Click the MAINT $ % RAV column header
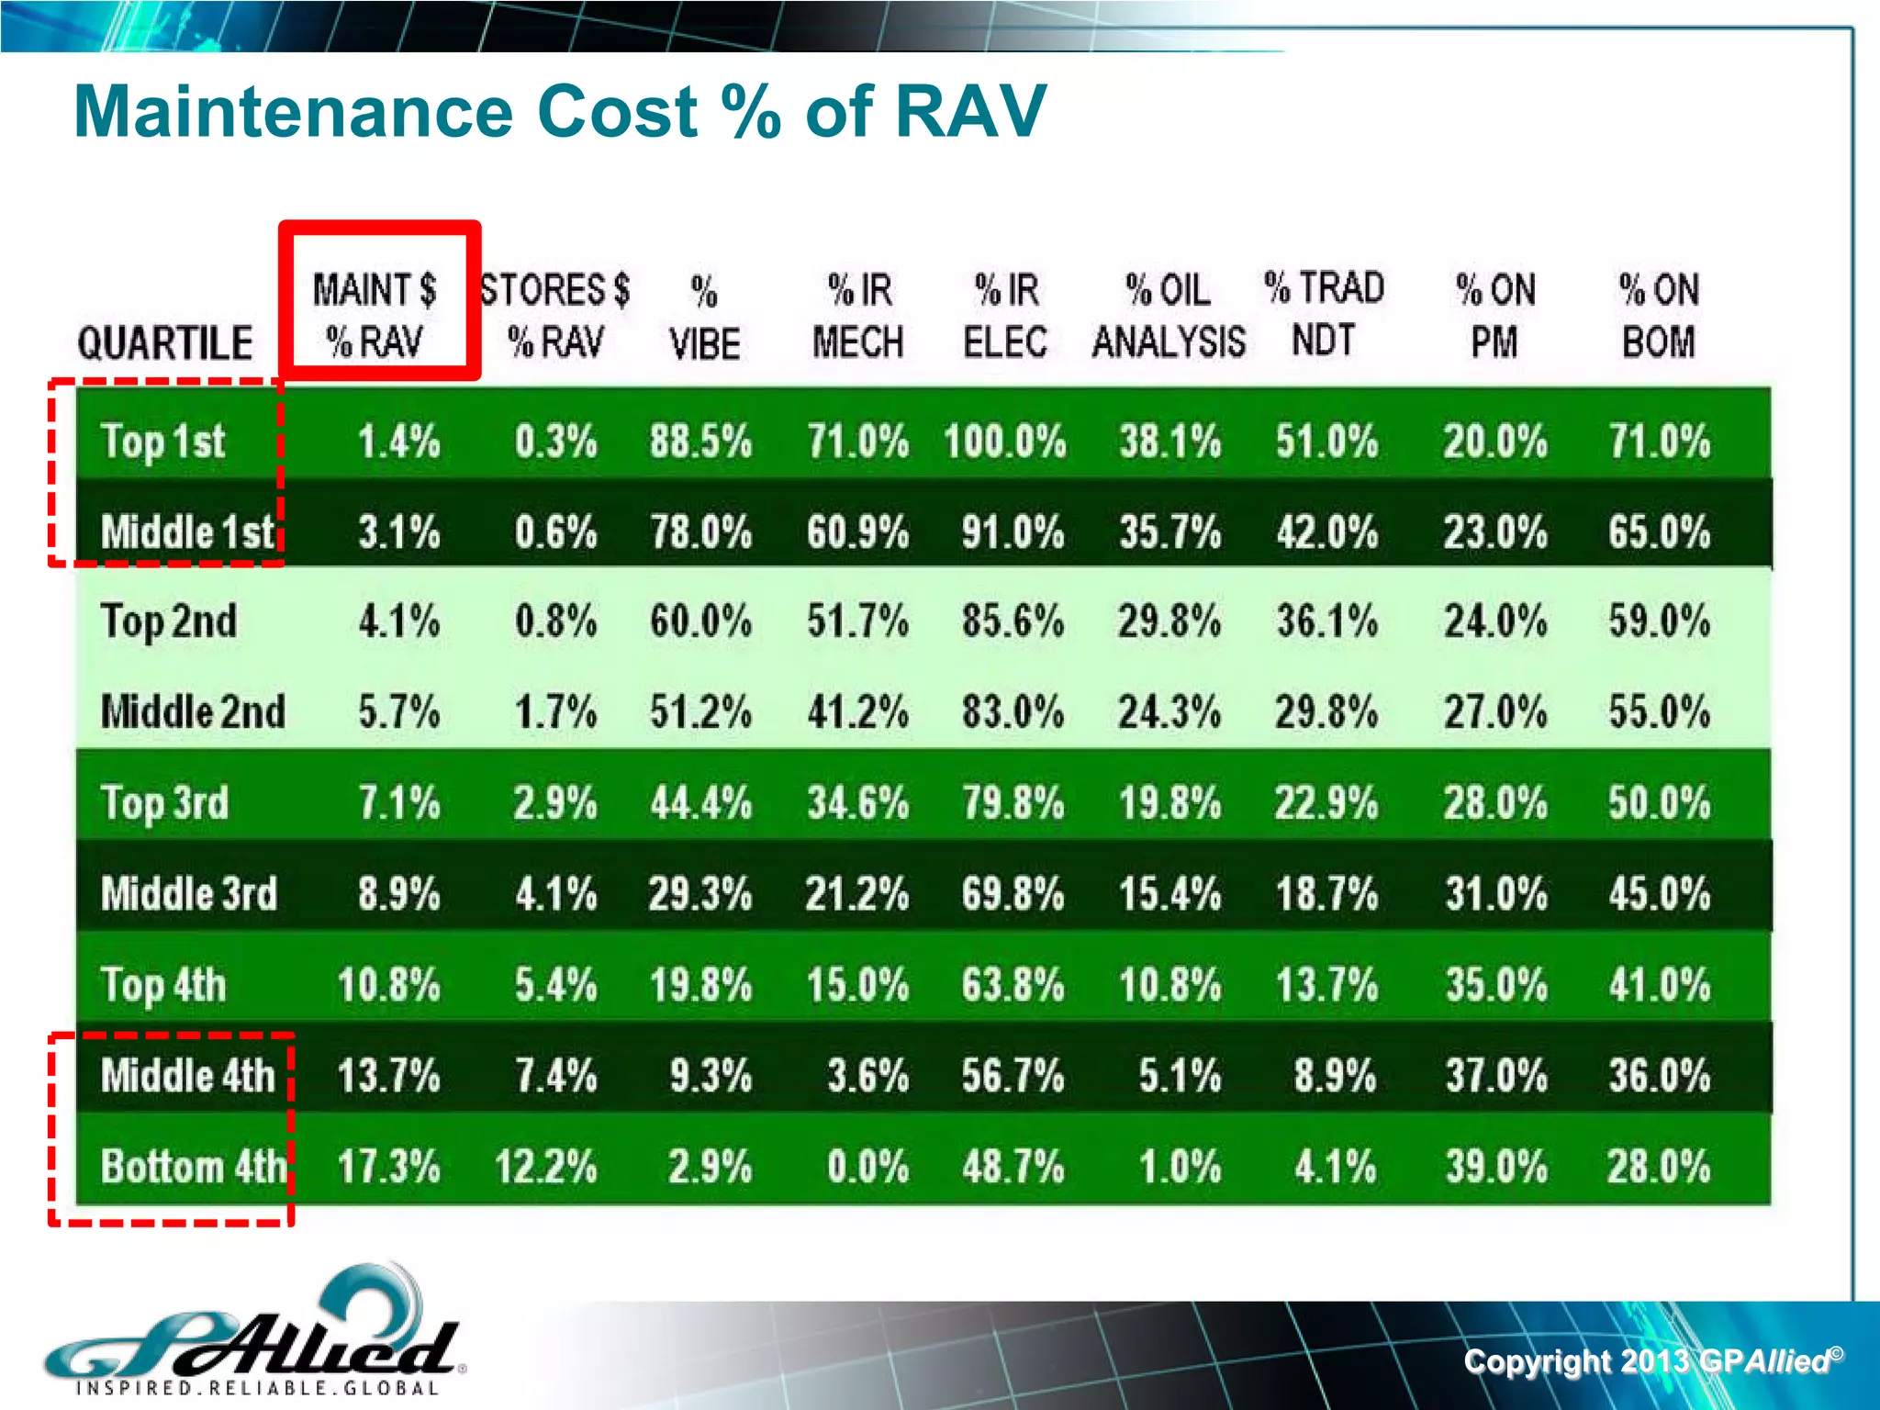click(376, 315)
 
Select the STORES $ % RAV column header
click(555, 315)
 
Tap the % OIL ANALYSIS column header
click(1168, 315)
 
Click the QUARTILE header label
click(165, 343)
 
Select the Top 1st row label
click(163, 442)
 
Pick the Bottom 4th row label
click(194, 1167)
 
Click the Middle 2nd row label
click(193, 712)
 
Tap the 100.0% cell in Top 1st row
click(1005, 442)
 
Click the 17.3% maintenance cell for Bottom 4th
click(389, 1167)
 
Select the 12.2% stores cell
click(546, 1167)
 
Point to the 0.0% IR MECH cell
click(867, 1167)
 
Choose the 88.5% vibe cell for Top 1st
click(701, 442)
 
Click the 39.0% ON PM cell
click(1495, 1167)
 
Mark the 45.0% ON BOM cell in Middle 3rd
click(1659, 894)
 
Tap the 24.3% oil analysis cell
click(1169, 712)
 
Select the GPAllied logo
click(252, 1336)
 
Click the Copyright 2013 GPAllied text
click(1652, 1360)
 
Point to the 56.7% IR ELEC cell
click(1013, 1076)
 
